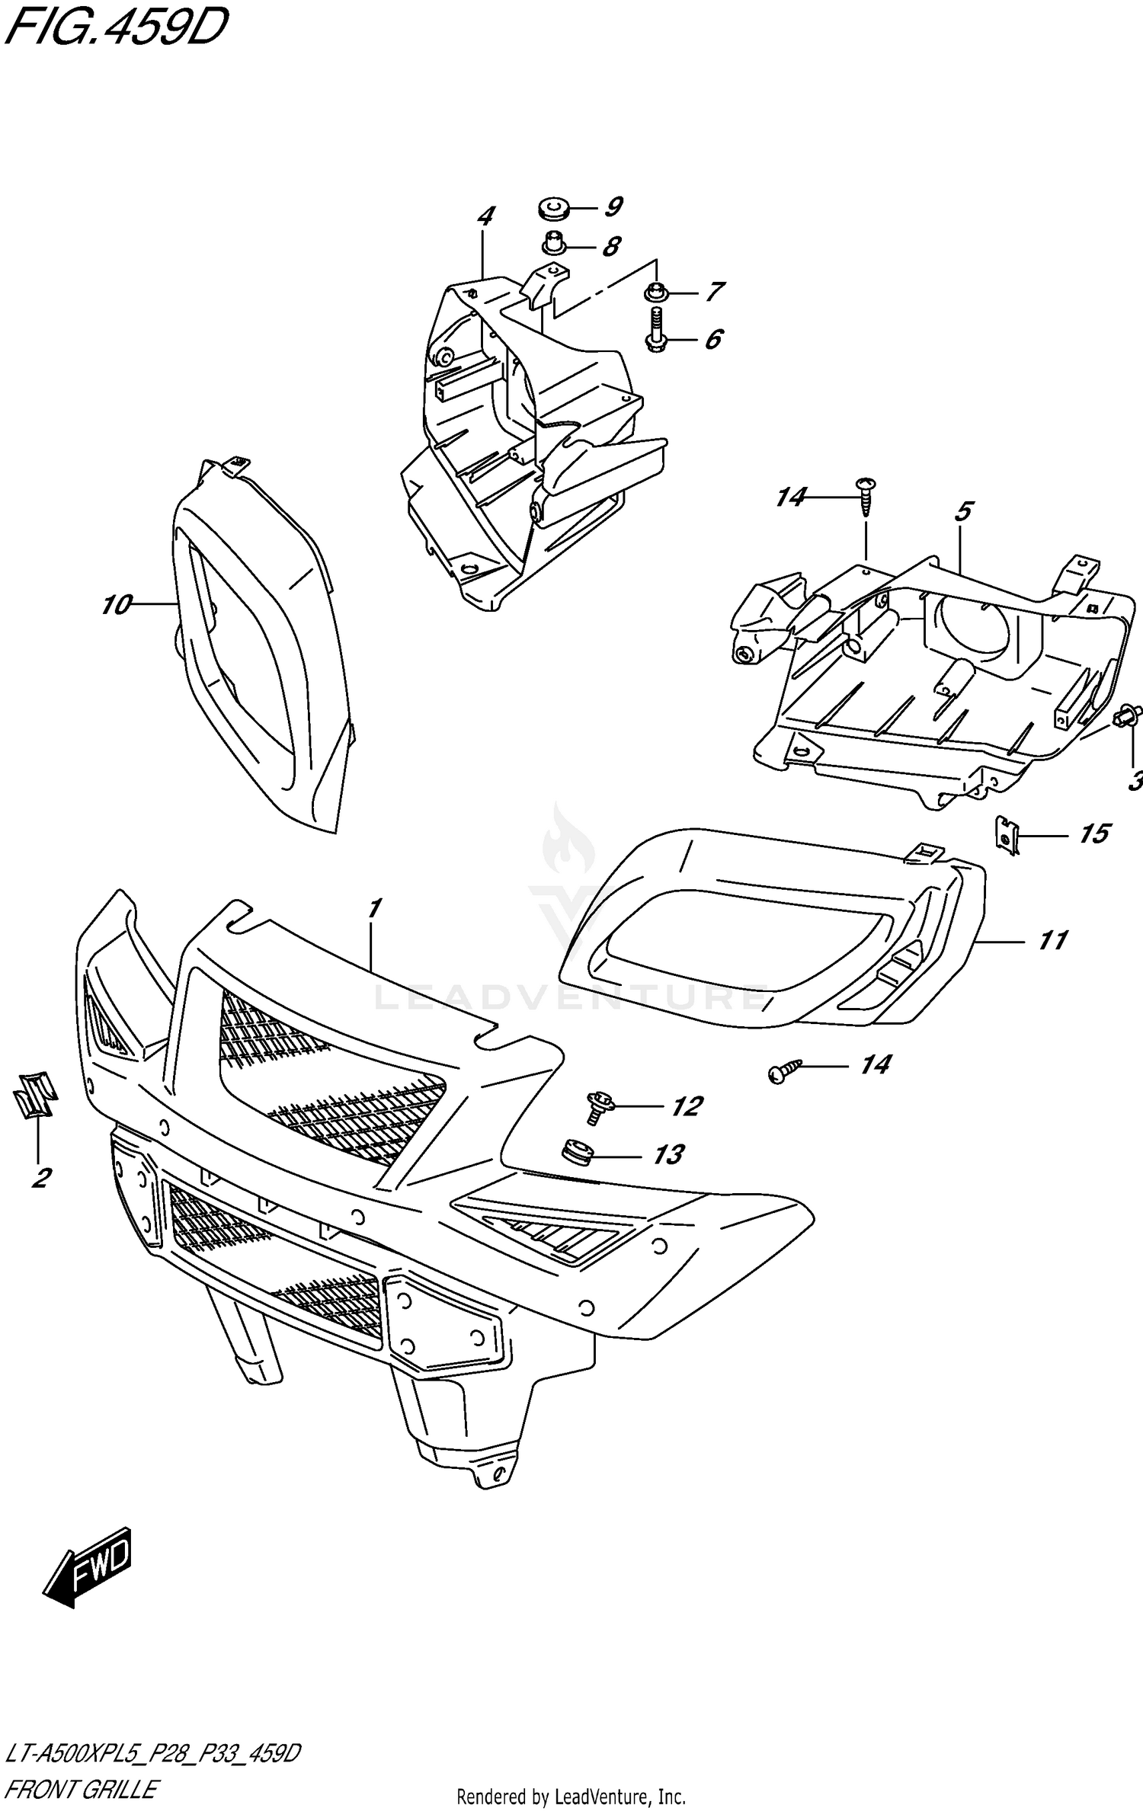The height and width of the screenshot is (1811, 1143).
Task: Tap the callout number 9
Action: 613,206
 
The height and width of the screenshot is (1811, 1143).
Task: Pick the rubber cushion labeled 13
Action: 577,1152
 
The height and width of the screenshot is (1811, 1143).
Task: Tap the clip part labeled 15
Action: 1007,835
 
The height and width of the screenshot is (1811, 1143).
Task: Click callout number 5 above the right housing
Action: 962,511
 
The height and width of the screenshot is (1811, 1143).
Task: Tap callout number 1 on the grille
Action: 373,908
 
